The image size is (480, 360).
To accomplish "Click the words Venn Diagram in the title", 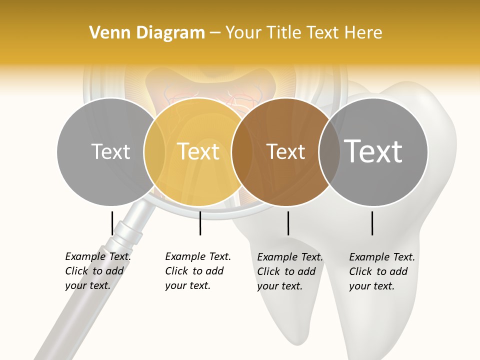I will tap(147, 33).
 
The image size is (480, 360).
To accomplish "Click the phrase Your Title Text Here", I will tap(303, 33).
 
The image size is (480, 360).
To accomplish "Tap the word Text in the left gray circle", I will tap(110, 151).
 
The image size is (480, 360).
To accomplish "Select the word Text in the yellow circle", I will tap(198, 151).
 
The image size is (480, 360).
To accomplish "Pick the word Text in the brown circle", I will tap(285, 151).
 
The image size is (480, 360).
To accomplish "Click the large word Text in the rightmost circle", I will tap(373, 151).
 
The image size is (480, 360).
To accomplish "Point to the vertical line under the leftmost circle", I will tap(112, 223).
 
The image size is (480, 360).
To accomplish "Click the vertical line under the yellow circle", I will tap(200, 223).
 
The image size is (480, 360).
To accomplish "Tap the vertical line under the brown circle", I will tap(288, 223).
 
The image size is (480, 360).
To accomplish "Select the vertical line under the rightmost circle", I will tap(372, 223).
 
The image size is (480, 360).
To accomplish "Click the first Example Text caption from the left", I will tap(97, 271).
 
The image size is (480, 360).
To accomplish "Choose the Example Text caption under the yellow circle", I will tap(197, 271).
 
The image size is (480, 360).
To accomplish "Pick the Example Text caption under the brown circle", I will tap(289, 271).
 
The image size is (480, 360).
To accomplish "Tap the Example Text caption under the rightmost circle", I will tap(381, 271).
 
